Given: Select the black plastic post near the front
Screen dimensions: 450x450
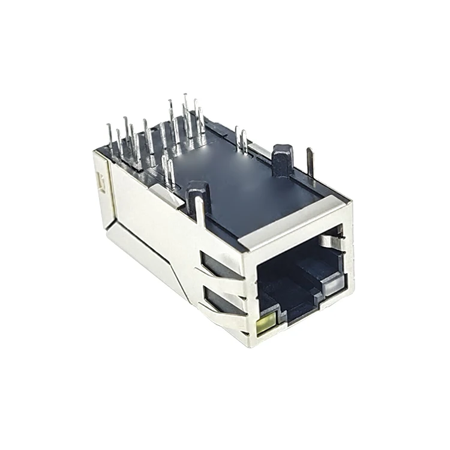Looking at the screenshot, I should (x=282, y=160).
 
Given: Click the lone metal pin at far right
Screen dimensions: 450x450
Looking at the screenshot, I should (x=310, y=162).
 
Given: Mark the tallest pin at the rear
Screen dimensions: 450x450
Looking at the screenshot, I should (x=185, y=111).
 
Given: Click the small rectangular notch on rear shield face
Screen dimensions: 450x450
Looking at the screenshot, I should (x=101, y=181).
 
